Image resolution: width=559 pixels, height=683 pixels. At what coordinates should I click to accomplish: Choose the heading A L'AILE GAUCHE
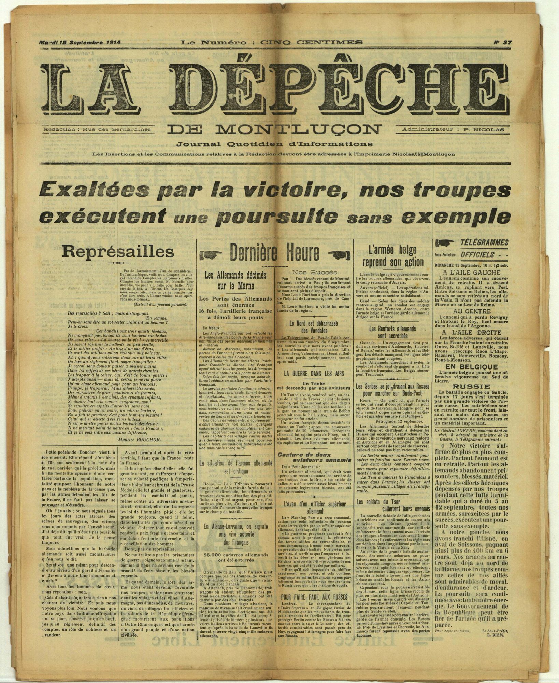pyautogui.click(x=471, y=273)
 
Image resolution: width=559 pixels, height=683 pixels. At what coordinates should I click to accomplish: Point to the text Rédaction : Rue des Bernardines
pyautogui.click(x=97, y=130)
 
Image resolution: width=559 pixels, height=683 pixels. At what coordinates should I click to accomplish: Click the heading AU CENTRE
pyautogui.click(x=471, y=311)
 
